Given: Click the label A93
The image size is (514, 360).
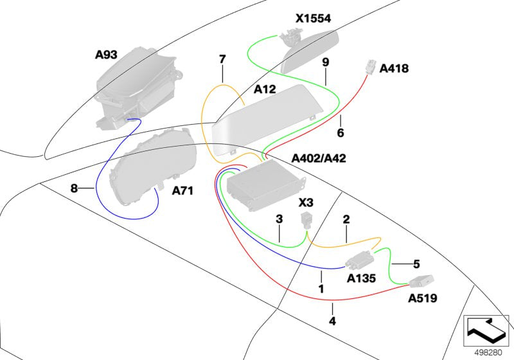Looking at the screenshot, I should coord(106,56).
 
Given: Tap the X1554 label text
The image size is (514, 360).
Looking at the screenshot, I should coord(313,19).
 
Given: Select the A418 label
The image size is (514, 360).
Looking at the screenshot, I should coord(394,68).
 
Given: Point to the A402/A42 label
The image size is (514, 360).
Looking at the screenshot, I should coord(319,158).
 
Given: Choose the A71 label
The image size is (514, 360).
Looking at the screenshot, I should coord(183,190).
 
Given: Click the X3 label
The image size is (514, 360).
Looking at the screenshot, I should coord(307,203).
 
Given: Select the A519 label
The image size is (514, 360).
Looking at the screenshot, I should coord(423,298).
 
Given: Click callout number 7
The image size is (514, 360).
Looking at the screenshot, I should coord(222,60).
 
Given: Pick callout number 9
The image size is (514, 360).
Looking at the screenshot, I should coord(325,62).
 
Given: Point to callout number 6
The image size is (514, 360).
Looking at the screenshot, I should coord(341,134).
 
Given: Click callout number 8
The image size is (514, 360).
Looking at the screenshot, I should coord(75,188).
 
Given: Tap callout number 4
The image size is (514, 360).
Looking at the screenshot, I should coord(332,321).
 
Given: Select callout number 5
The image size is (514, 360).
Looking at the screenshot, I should coord(416,264).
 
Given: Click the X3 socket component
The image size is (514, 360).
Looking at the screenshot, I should coord(307,221).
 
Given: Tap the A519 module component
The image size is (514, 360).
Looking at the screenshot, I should coord(420,280).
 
